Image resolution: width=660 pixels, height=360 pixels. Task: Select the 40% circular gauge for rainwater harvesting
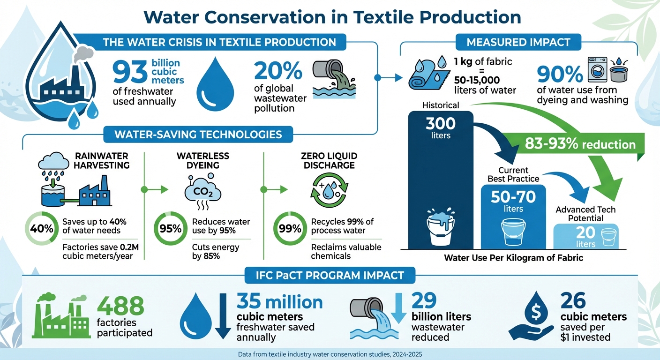pos(40,229)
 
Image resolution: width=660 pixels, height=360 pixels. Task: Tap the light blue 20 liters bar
pos(585,236)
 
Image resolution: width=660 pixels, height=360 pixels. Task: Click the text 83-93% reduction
pos(580,144)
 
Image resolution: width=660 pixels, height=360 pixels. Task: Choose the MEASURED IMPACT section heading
pos(519,42)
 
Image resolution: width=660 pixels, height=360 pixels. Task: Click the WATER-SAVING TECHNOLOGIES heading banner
pos(199,135)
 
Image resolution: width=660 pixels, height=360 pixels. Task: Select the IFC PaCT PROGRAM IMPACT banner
pos(330,275)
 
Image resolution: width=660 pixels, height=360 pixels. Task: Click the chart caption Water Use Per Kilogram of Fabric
pos(513,258)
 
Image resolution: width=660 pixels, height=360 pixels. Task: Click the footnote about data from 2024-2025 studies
pos(330,354)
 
